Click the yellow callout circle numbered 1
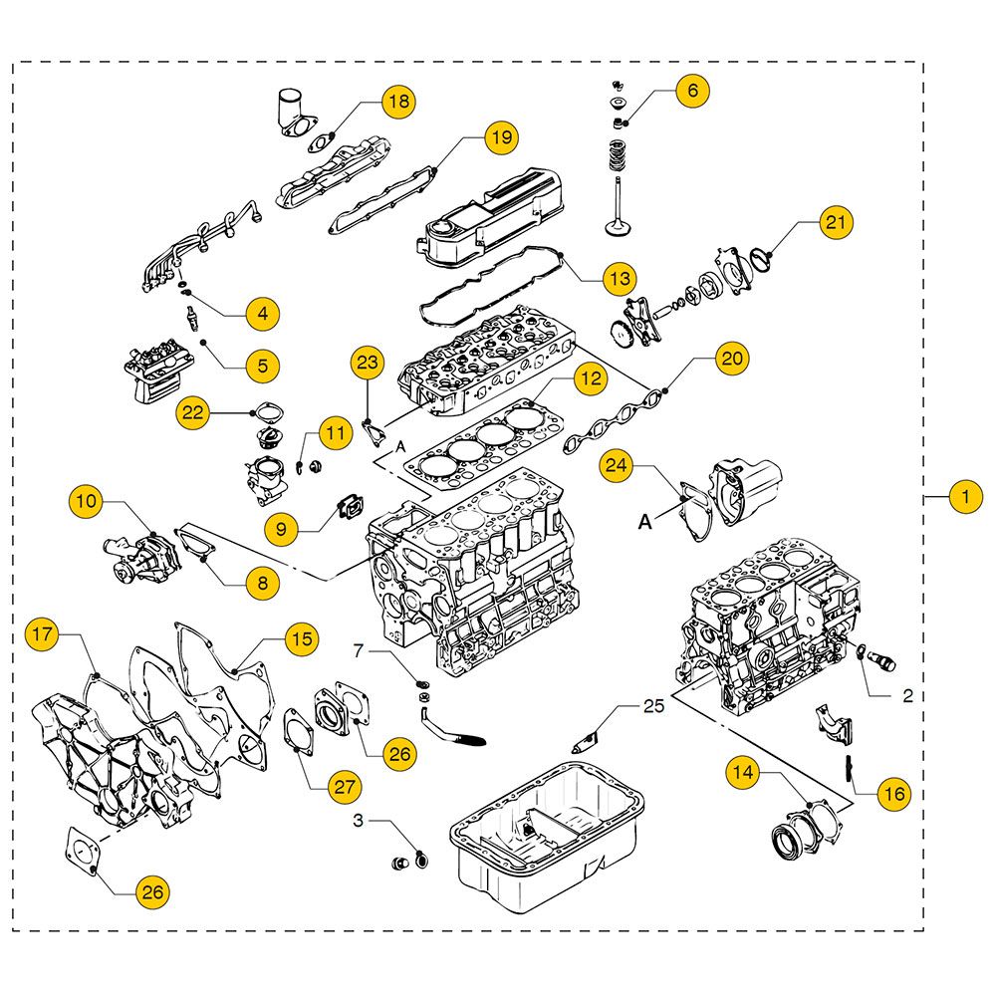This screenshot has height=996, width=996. pos(964,496)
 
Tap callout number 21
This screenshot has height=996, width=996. pos(837,224)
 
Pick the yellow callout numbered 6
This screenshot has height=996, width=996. pos(692,91)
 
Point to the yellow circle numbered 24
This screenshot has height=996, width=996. pos(617,465)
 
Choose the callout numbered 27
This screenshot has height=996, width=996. pos(345,786)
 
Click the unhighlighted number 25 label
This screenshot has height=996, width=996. pos(652,707)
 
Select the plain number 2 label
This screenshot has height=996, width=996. pos(907,696)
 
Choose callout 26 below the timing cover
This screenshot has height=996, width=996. pos(151,891)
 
